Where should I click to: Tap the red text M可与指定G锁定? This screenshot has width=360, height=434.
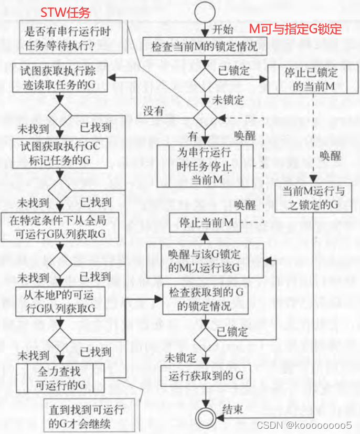[x=294, y=27]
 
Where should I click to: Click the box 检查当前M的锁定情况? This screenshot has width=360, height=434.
[x=205, y=46]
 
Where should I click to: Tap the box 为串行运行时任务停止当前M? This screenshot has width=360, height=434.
[x=205, y=166]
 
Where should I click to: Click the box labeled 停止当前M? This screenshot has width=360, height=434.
[x=205, y=223]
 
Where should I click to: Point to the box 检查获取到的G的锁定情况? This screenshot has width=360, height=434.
[x=205, y=299]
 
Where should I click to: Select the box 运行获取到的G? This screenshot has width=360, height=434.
[x=205, y=376]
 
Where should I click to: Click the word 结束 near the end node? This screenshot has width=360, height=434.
[x=232, y=409]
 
